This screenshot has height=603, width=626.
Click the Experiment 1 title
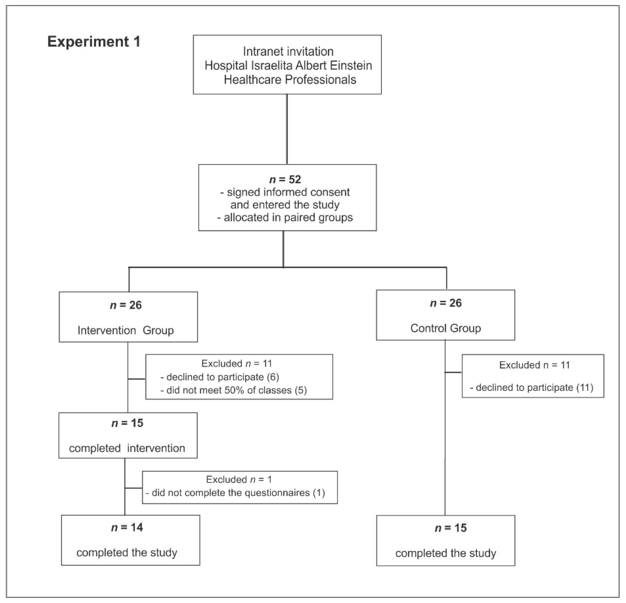tap(94, 42)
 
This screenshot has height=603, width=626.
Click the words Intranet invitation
tap(288, 52)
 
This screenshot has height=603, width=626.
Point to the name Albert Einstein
tap(333, 66)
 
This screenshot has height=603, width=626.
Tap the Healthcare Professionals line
tap(290, 80)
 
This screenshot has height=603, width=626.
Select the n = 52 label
tap(285, 179)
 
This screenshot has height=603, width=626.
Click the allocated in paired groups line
tap(285, 218)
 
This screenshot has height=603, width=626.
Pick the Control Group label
tap(446, 328)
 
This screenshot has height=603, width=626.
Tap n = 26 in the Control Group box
tap(446, 303)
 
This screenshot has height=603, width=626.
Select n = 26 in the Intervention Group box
tap(126, 305)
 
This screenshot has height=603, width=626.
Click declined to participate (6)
tap(220, 377)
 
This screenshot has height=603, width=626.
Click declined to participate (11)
tap(532, 388)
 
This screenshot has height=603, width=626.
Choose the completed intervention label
tap(127, 448)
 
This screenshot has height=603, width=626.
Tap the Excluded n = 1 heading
tap(239, 479)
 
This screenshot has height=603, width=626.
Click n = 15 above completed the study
tap(451, 528)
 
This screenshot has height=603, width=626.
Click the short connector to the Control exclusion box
tap(453, 372)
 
